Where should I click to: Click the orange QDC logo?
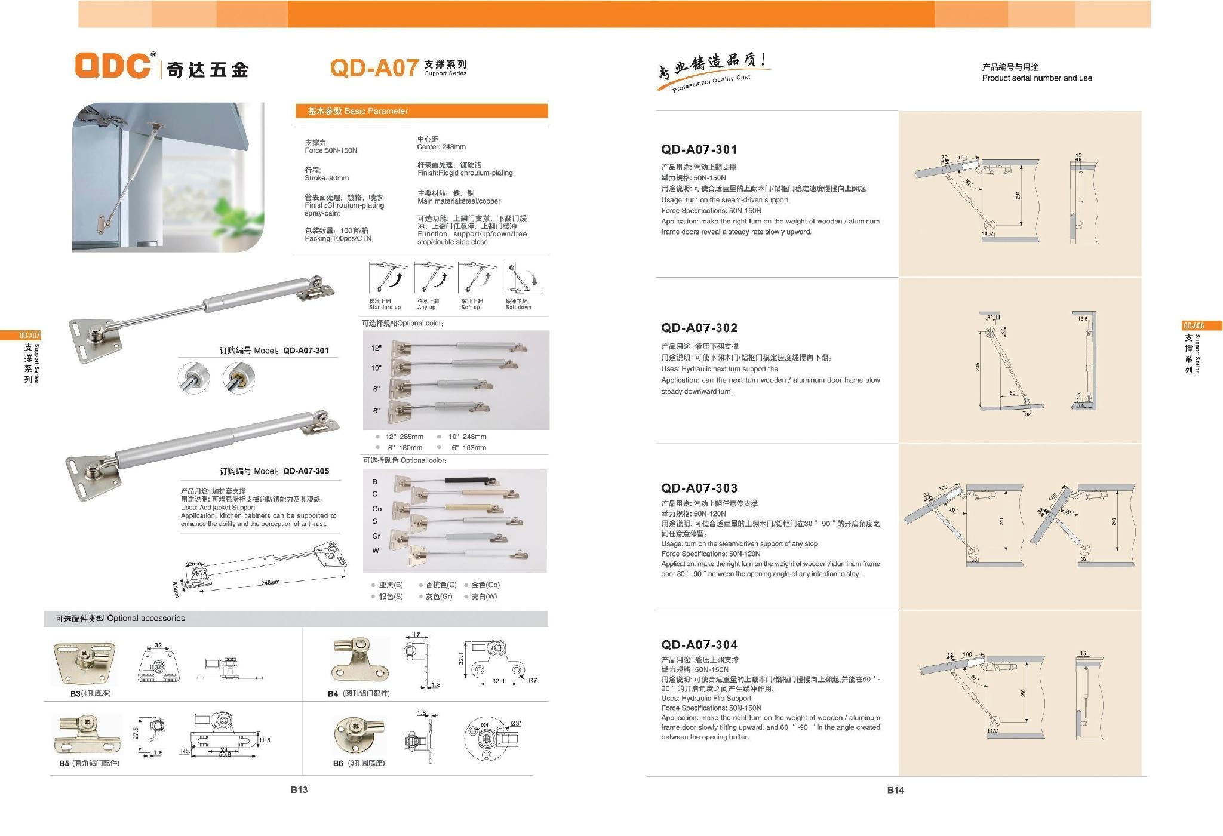click(x=113, y=66)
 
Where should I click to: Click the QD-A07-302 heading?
click(x=699, y=328)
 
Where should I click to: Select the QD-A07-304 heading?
click(x=699, y=645)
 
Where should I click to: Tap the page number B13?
click(x=299, y=790)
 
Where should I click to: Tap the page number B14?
click(x=895, y=790)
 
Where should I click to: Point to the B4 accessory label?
click(x=358, y=694)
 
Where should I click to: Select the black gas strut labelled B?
click(x=471, y=480)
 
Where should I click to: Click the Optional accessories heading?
click(x=120, y=619)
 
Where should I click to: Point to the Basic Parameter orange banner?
click(x=422, y=112)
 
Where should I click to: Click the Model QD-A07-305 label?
click(x=274, y=471)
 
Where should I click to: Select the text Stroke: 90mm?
click(x=327, y=178)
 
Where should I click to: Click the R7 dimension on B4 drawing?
click(x=532, y=680)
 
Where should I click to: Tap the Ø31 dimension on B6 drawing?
click(x=516, y=724)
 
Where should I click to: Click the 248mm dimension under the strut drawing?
click(x=270, y=582)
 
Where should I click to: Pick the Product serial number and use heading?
click(x=1037, y=78)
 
